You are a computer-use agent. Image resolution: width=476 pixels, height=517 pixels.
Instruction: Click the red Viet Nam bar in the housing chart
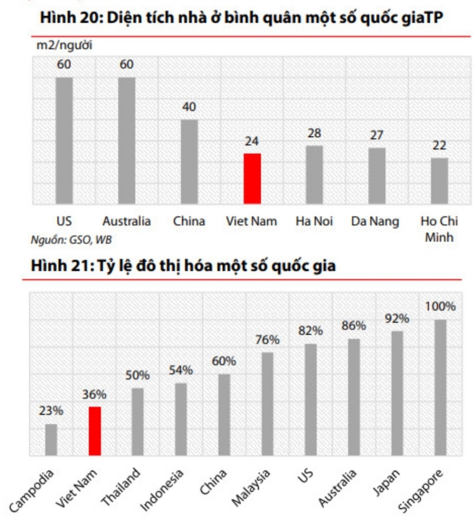click(x=252, y=178)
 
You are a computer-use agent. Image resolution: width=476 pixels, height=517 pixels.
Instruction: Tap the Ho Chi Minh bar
click(x=439, y=181)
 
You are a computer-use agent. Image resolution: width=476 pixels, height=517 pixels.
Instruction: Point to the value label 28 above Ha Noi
click(x=314, y=133)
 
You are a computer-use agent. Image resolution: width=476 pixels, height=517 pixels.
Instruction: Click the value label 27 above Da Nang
click(x=376, y=135)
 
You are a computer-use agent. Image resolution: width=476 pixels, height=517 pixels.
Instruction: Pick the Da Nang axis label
click(x=375, y=221)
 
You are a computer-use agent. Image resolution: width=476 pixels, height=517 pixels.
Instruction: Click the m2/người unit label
click(x=64, y=45)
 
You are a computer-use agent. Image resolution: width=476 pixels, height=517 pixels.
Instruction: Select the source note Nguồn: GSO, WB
click(x=71, y=240)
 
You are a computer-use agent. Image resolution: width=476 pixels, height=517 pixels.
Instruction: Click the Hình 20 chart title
click(x=241, y=18)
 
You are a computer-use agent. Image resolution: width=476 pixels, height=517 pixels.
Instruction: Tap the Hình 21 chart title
click(x=183, y=266)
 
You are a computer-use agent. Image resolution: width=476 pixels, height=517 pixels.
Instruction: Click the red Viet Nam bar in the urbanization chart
click(x=95, y=431)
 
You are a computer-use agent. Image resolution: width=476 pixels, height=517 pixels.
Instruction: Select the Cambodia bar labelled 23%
click(x=51, y=439)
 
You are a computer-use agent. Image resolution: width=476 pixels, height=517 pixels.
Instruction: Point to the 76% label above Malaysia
click(x=267, y=340)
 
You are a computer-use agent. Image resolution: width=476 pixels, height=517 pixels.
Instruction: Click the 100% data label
click(x=440, y=306)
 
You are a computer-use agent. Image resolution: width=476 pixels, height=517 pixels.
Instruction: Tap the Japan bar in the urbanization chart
click(x=397, y=393)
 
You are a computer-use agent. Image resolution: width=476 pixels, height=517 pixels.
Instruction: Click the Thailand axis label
click(x=121, y=486)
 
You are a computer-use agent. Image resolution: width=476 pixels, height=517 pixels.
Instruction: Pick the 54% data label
click(x=181, y=370)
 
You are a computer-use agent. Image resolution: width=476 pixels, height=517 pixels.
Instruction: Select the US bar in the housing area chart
click(x=64, y=140)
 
